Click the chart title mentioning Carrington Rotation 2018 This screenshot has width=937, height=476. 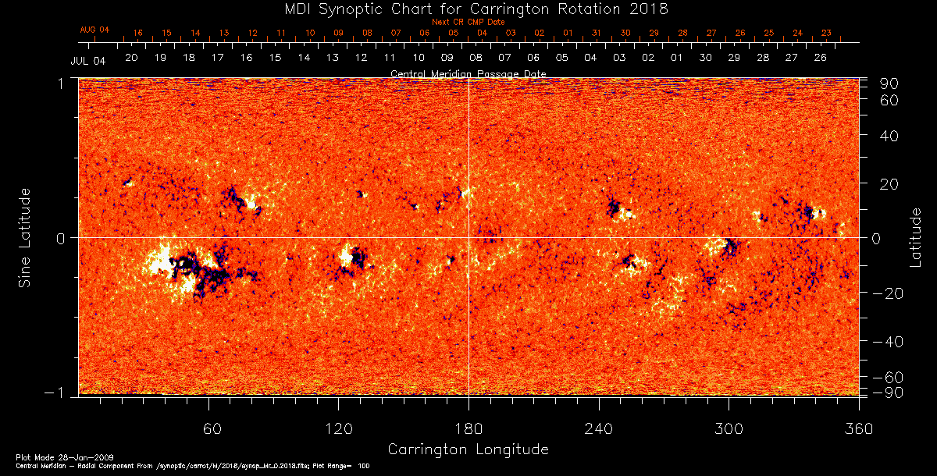468,9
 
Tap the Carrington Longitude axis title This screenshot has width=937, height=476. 468,449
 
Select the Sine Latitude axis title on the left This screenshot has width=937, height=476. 25,237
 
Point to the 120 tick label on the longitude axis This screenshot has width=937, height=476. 338,429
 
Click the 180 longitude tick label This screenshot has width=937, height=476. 468,429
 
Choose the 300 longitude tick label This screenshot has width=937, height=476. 729,429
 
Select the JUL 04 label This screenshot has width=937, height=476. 88,60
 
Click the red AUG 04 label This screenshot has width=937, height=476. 94,30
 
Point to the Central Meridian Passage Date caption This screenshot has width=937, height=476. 468,74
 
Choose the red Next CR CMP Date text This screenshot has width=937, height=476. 468,22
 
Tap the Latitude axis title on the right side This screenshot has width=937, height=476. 916,237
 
